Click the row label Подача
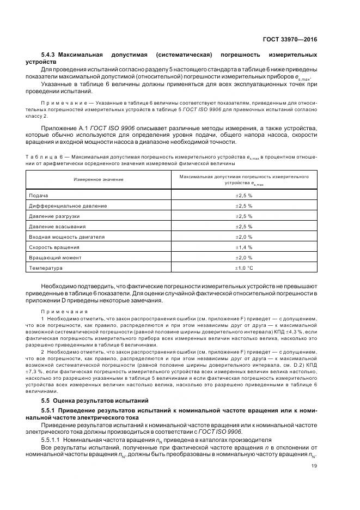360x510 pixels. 39,196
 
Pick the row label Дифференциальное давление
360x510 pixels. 68,206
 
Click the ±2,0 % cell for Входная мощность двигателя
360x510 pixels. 243,237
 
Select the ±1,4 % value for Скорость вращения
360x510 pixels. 243,247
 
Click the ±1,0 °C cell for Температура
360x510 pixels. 243,268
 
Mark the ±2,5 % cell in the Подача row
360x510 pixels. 243,196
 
